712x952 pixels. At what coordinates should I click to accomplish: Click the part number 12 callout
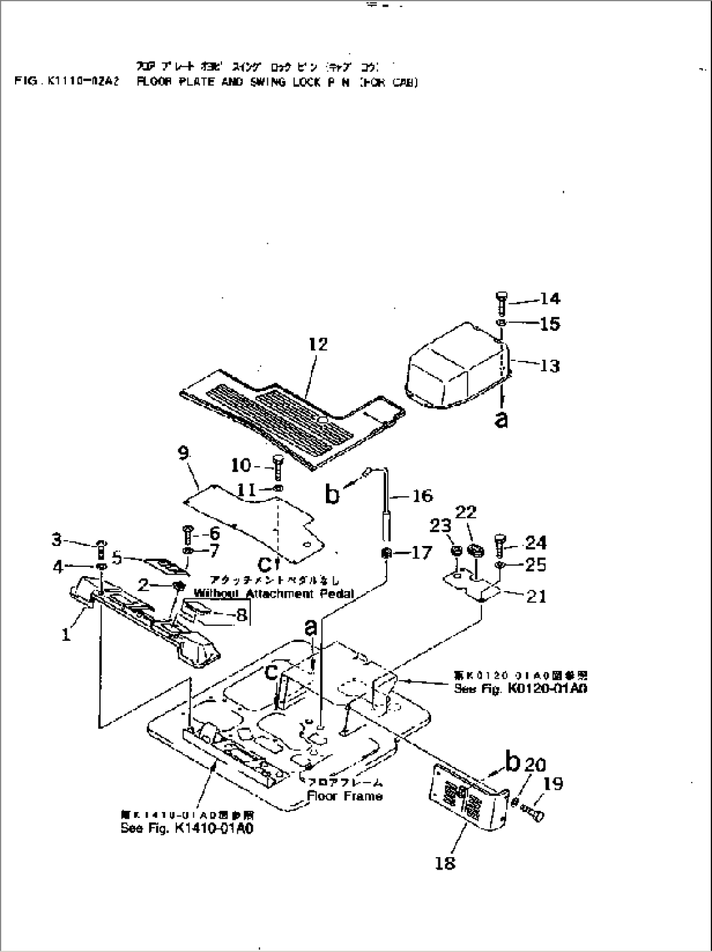(x=318, y=344)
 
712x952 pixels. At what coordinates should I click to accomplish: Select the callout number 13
(x=550, y=365)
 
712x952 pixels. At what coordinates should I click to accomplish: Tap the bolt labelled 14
(x=500, y=303)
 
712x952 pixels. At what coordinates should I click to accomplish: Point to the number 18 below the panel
(x=445, y=863)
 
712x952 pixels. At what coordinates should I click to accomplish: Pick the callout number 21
(x=536, y=596)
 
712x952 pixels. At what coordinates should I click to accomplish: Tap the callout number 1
(x=66, y=634)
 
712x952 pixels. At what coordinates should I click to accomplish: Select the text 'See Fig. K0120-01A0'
(x=520, y=688)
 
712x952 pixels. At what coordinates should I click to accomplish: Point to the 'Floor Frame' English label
(x=345, y=796)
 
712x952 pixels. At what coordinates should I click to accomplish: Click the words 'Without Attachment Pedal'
(x=274, y=594)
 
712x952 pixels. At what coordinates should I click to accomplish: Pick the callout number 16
(x=423, y=496)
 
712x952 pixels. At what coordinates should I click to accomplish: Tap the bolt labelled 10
(x=276, y=467)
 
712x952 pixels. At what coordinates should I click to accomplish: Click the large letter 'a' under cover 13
(x=501, y=419)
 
